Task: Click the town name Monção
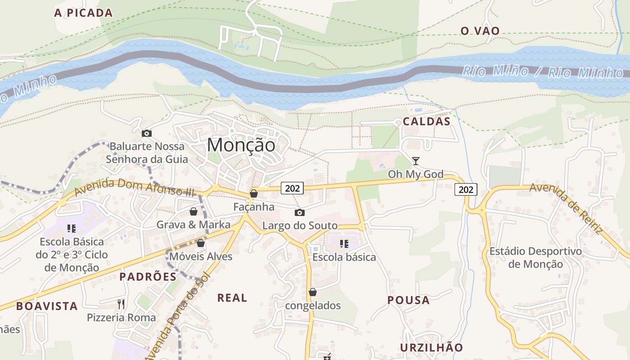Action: (x=241, y=145)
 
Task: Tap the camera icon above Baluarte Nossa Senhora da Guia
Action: (x=146, y=133)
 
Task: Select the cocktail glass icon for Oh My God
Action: (x=416, y=161)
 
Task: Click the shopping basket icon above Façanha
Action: (x=254, y=193)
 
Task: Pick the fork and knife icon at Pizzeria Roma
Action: (x=121, y=304)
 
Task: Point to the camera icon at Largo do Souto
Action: (x=299, y=212)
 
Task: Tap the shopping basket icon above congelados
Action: (x=313, y=292)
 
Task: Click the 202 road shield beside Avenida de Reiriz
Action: (x=465, y=189)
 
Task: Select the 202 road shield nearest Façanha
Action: (x=292, y=188)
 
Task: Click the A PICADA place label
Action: (x=83, y=13)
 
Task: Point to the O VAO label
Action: (x=480, y=31)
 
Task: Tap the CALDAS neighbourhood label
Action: (x=427, y=121)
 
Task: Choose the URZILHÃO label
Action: (x=431, y=347)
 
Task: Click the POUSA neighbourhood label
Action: (x=409, y=300)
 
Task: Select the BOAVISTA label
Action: (x=47, y=306)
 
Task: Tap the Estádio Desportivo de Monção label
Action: (x=535, y=257)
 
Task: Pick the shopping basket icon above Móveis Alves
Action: (x=201, y=243)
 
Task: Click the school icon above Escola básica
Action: (x=344, y=244)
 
